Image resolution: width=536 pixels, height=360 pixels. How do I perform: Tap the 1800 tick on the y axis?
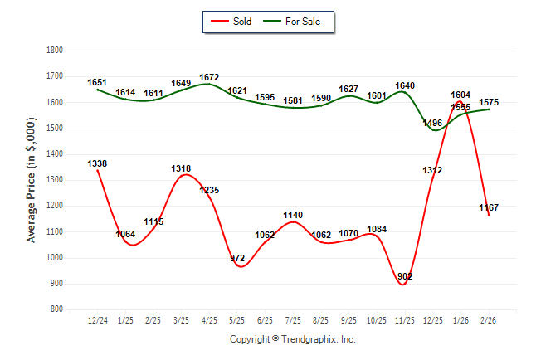point(56,51)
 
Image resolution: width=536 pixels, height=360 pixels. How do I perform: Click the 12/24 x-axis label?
point(97,319)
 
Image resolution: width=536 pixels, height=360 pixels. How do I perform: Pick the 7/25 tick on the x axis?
point(292,319)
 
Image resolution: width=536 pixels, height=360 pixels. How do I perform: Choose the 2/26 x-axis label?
point(489,319)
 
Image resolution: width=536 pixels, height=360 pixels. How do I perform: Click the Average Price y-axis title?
point(32,180)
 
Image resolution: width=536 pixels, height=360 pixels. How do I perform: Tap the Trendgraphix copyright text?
point(292,339)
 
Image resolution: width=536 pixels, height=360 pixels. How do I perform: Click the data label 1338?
point(97,163)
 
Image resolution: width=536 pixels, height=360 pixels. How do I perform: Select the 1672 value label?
point(209,78)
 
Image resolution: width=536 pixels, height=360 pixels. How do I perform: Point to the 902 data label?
point(404,276)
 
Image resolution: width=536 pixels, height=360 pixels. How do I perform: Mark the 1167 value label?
point(489,207)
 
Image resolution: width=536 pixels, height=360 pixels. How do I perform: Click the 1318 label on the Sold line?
point(181,168)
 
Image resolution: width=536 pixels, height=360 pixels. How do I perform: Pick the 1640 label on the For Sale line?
point(404,85)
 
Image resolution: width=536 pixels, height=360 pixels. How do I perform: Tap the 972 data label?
point(237,258)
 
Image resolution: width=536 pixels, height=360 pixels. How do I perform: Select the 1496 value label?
point(432,123)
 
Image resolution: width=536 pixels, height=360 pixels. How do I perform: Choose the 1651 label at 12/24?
point(97,83)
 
